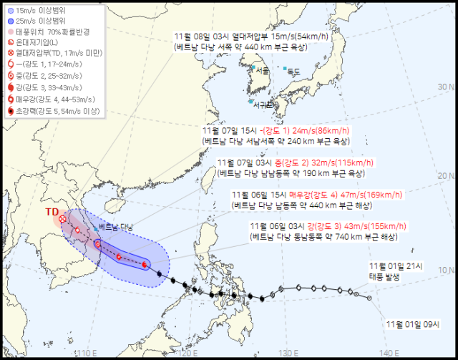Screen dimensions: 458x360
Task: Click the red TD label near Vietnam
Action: pyautogui.click(x=52, y=213)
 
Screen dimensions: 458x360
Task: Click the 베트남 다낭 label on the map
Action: pyautogui.click(x=116, y=227)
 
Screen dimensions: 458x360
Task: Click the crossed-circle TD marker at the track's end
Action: pyautogui.click(x=63, y=219)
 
